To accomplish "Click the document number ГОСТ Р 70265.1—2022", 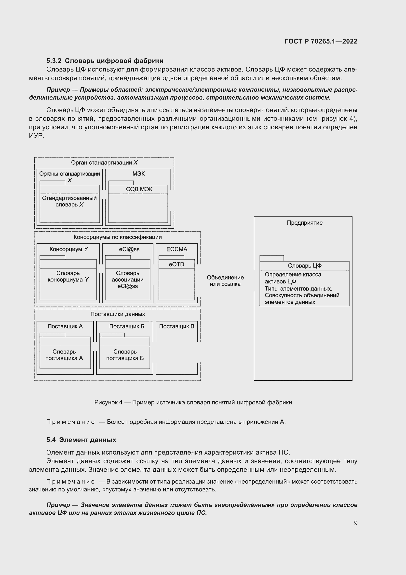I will (321, 41).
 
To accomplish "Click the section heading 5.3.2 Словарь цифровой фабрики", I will (105, 61).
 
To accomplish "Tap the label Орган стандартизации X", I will (104, 162).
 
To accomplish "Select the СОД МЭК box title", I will (139, 189).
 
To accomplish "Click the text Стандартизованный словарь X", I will (69, 201).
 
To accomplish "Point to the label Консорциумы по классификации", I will (118, 237).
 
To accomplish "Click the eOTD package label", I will (176, 264).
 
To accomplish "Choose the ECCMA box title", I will (177, 249).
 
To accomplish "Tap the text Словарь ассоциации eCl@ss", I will (127, 280).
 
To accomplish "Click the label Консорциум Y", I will (69, 249).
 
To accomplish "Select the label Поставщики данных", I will (118, 314).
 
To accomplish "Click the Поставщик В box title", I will (176, 326).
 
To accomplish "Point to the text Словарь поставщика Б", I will (125, 355).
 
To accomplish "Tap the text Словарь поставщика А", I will (64, 355).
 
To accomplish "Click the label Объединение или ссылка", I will (225, 280).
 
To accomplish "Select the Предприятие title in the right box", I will (304, 223).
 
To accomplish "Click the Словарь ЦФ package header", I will (304, 265).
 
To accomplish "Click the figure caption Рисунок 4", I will (193, 402).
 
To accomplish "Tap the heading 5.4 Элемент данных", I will (81, 440).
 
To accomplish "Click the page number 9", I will (355, 523).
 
